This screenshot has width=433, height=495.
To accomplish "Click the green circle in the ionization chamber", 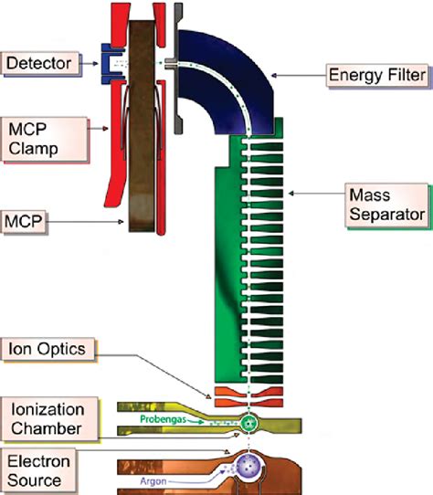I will tap(247, 423).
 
